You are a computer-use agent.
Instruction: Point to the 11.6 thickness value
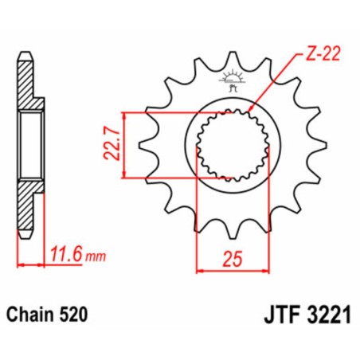(68, 256)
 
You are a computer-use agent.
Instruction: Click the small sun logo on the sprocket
(233, 79)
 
